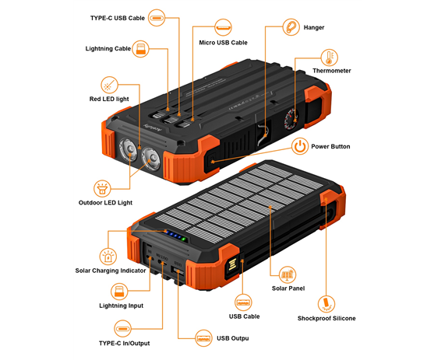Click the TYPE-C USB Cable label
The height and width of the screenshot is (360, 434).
[118, 18]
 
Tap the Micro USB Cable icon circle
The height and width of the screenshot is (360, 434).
[223, 27]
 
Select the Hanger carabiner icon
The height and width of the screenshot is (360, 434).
[291, 27]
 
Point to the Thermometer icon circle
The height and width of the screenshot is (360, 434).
[330, 58]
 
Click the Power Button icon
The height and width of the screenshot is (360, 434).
[300, 146]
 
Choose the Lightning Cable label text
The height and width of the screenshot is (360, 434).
[108, 49]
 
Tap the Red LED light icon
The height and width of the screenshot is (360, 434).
[109, 85]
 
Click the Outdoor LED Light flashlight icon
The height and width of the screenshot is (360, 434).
[102, 189]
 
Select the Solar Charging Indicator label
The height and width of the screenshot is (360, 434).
[111, 271]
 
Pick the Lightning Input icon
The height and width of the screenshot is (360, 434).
[119, 292]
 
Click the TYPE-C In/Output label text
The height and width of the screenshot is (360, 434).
[124, 344]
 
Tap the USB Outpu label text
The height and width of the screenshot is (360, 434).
[233, 338]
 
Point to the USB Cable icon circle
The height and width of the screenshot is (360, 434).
[243, 302]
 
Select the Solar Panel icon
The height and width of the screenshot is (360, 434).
[288, 275]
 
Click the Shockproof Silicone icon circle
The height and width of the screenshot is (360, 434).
[326, 304]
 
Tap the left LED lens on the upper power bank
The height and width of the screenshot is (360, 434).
[128, 150]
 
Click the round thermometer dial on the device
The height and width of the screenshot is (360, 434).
[291, 120]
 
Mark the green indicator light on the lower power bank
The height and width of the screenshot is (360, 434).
[183, 239]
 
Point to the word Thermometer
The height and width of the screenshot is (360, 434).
[332, 71]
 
